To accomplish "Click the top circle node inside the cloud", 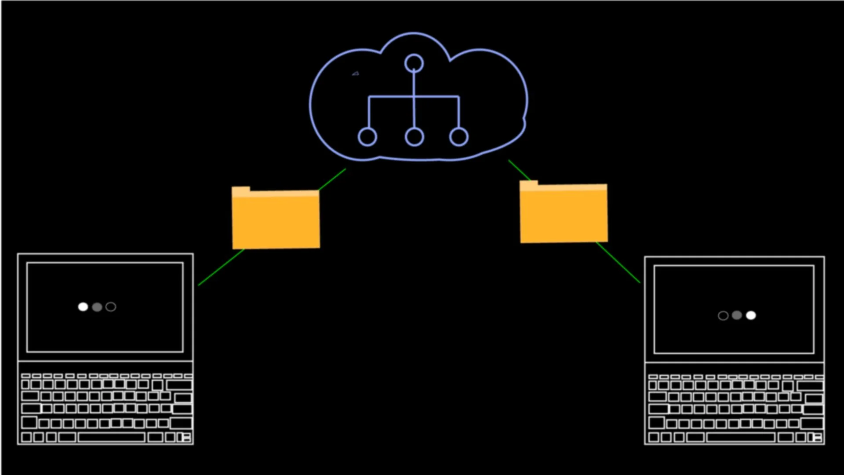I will pos(414,63).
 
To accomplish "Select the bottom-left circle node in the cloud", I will pos(367,137).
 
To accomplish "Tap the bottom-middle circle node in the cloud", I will pos(414,137).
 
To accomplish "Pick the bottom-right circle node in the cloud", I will pos(458,137).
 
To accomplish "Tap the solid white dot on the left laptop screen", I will pos(83,307).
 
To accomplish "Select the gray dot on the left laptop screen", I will pos(97,307).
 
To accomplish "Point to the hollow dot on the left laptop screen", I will pos(111,307).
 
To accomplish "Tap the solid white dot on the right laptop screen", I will pos(751,315).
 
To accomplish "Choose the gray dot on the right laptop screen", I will pos(737,315).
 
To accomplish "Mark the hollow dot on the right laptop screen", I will pos(723,316).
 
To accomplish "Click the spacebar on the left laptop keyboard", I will pos(111,437).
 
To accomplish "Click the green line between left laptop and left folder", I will pos(221,268).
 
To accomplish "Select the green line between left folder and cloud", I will pos(333,179).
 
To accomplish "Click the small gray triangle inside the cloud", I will pos(356,74).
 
